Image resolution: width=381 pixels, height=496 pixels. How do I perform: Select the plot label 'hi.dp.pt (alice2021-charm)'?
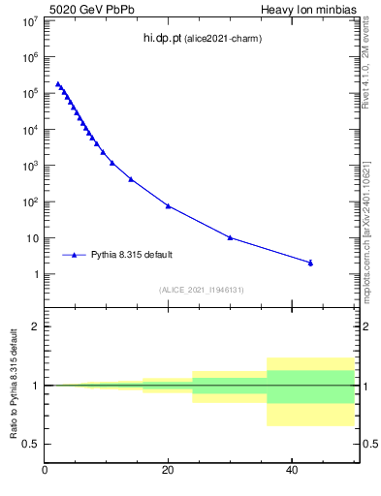point(203,38)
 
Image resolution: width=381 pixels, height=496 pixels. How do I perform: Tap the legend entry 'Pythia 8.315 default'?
point(132,255)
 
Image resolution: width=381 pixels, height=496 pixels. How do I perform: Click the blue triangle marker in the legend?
point(74,255)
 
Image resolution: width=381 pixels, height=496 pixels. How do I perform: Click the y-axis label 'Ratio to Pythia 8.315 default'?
point(15,385)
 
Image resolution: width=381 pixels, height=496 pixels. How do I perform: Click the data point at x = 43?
point(310,263)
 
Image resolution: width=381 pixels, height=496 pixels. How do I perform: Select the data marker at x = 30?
point(230,237)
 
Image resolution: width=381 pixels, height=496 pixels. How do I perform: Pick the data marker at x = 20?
point(168,205)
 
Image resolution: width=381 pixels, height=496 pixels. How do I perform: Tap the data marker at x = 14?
point(131,179)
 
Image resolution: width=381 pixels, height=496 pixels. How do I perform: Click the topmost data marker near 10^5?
point(58,84)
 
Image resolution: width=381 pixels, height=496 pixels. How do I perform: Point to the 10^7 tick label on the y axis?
point(28,20)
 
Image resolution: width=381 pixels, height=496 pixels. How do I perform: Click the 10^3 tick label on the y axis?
point(28,166)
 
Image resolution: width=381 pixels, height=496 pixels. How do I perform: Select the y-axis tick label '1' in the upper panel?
point(36,275)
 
